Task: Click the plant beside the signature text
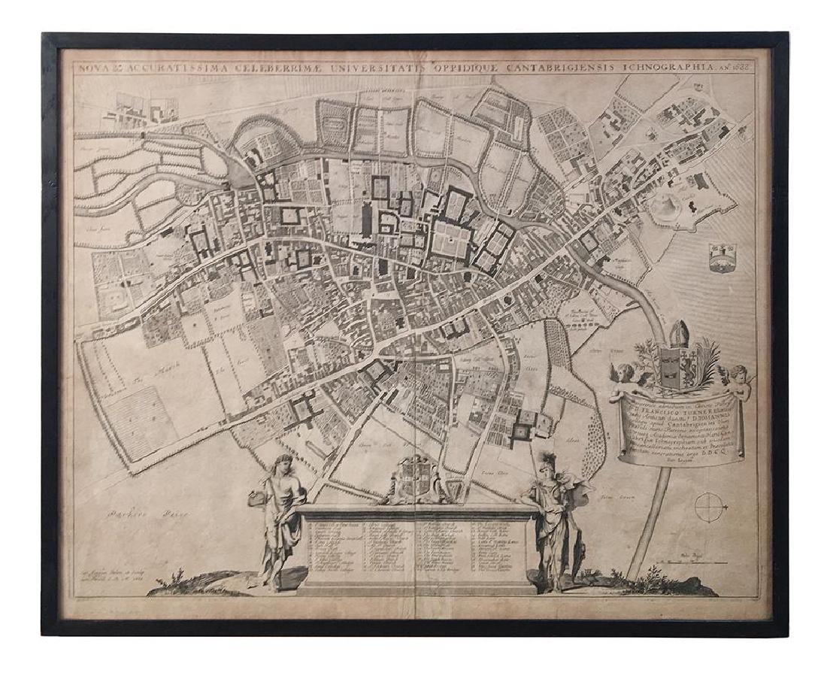(x=178, y=578)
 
